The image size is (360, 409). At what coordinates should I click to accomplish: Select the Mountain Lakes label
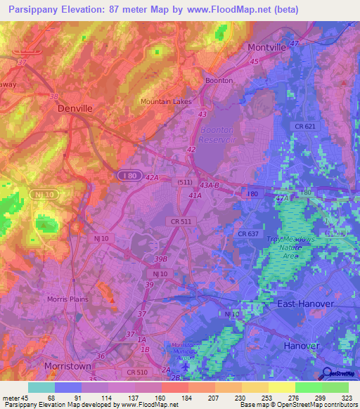point(165,101)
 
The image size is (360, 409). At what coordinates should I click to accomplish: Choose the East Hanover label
point(305,303)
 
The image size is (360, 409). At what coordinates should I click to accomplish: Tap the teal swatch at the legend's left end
point(41,387)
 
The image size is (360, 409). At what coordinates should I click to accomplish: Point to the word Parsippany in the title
point(31,9)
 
